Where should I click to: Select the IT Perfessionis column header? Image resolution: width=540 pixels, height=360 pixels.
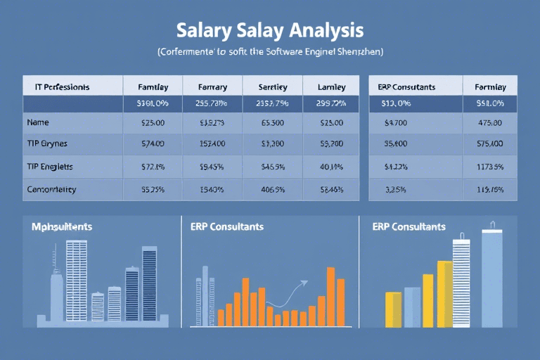(62, 87)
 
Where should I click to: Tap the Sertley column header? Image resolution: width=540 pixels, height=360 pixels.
(272, 87)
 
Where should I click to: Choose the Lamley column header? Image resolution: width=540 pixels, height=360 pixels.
(331, 87)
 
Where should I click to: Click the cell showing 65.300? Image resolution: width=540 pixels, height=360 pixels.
(272, 122)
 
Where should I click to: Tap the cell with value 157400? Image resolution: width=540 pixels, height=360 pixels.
(212, 144)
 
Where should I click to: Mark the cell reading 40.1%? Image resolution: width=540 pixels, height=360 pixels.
(331, 167)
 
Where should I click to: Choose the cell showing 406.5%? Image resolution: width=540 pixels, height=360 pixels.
(272, 189)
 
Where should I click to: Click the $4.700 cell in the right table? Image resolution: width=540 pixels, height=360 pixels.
(397, 122)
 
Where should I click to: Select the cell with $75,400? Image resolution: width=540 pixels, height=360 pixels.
(489, 144)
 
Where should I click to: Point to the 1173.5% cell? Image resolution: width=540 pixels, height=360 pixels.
(489, 167)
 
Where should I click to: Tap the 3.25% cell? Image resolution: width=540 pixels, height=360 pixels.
(397, 189)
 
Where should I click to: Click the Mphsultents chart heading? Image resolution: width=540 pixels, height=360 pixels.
(62, 227)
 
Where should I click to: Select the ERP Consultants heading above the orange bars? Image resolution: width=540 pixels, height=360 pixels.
(227, 227)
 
